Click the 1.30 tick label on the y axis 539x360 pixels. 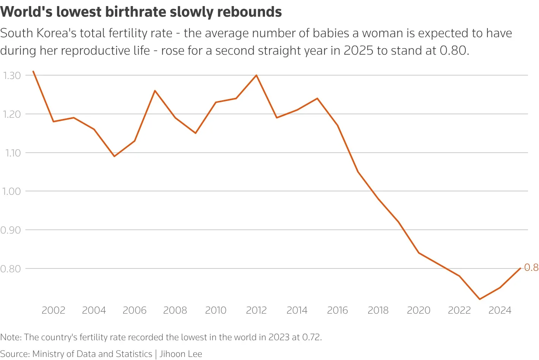pos(12,76)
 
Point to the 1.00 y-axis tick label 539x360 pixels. pos(12,191)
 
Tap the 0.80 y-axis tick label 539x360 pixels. pos(10,269)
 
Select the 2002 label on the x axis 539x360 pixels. pos(53,310)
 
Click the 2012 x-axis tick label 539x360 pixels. pos(256,310)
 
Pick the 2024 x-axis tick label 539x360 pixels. pos(500,310)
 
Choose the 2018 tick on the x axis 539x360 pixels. pos(378,310)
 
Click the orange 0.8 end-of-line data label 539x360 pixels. pos(531,268)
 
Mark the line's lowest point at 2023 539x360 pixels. pos(479,299)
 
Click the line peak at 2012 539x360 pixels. pos(256,75)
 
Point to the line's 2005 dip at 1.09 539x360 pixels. pos(114,156)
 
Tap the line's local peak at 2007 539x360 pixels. pos(155,90)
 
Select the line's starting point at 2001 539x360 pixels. pos(33,71)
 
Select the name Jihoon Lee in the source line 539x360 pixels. pos(181,354)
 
